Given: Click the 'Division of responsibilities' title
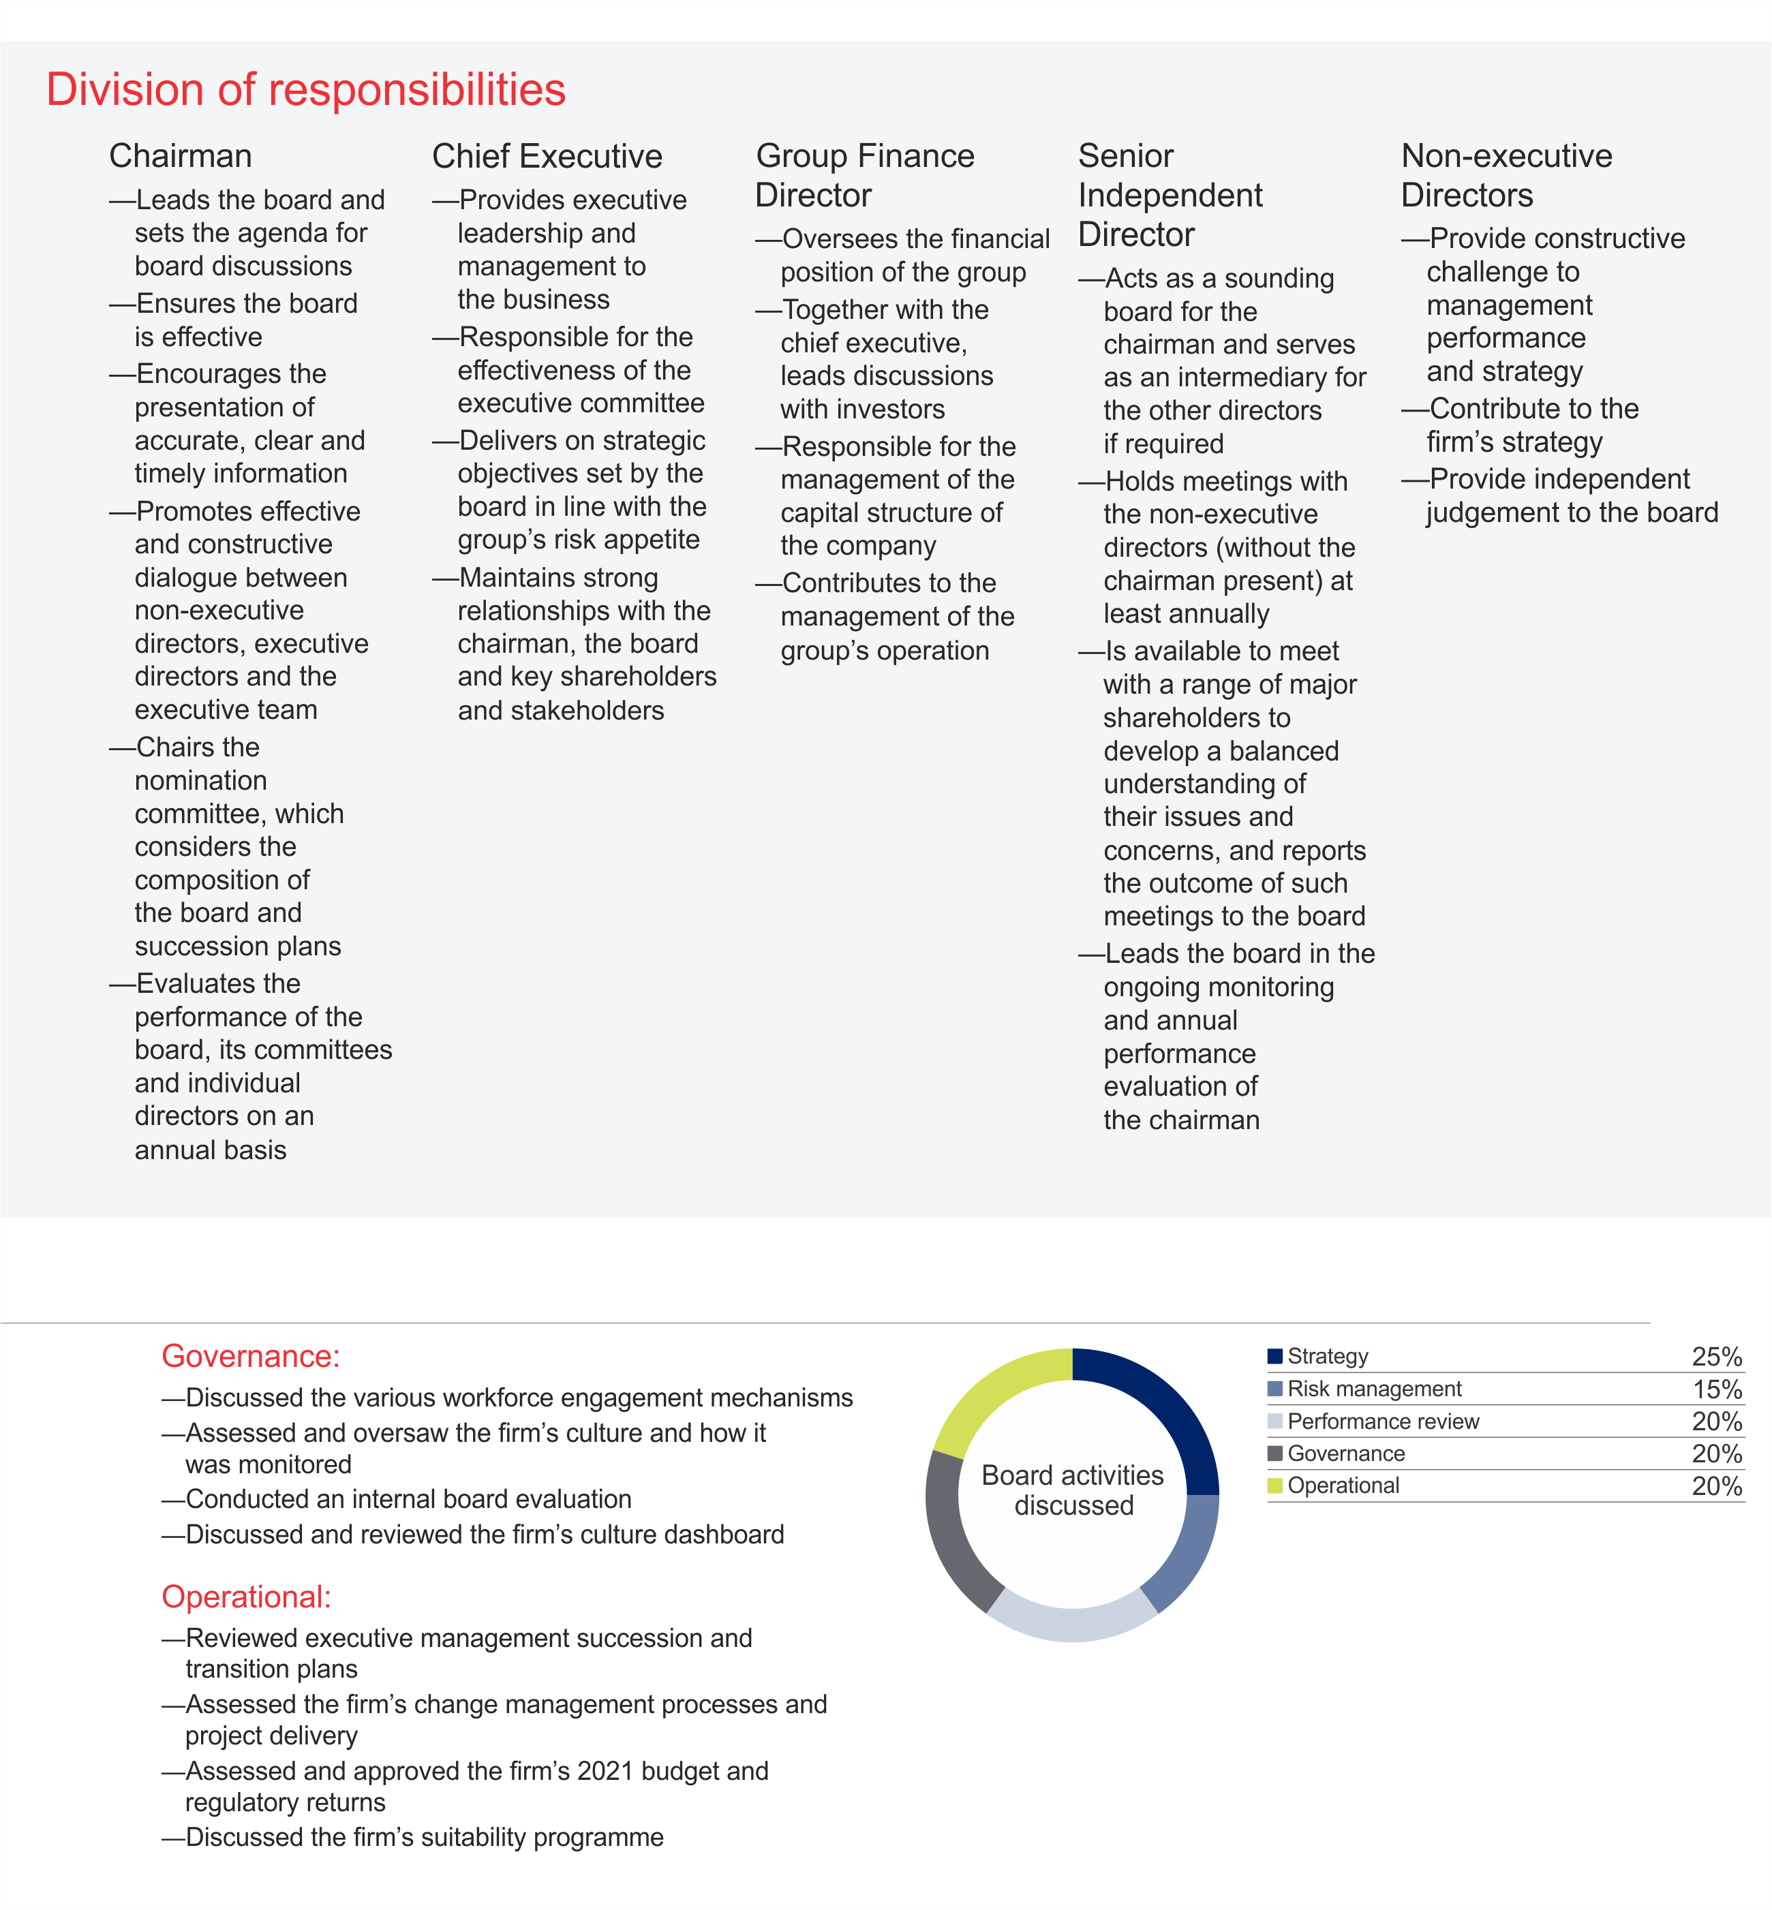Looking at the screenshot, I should pyautogui.click(x=306, y=90).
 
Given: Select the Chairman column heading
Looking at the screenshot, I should pyautogui.click(x=181, y=156).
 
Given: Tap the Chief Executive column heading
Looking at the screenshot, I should pyautogui.click(x=547, y=156).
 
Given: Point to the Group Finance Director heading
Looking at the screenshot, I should pyautogui.click(x=864, y=176).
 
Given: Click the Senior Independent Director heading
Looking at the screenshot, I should pyautogui.click(x=1170, y=196).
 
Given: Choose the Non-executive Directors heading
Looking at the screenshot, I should pyautogui.click(x=1506, y=176).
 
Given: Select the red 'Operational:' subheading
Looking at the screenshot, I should pyautogui.click(x=247, y=1597).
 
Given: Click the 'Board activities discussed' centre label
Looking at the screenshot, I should pyautogui.click(x=1073, y=1490).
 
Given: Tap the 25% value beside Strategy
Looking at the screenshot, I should pyautogui.click(x=1716, y=1357).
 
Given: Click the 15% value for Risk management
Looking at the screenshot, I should pyautogui.click(x=1716, y=1389).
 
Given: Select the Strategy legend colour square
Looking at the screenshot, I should pyautogui.click(x=1275, y=1356).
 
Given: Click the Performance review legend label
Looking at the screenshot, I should pyautogui.click(x=1383, y=1421).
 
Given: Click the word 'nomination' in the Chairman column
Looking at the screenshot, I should pyautogui.click(x=200, y=780).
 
